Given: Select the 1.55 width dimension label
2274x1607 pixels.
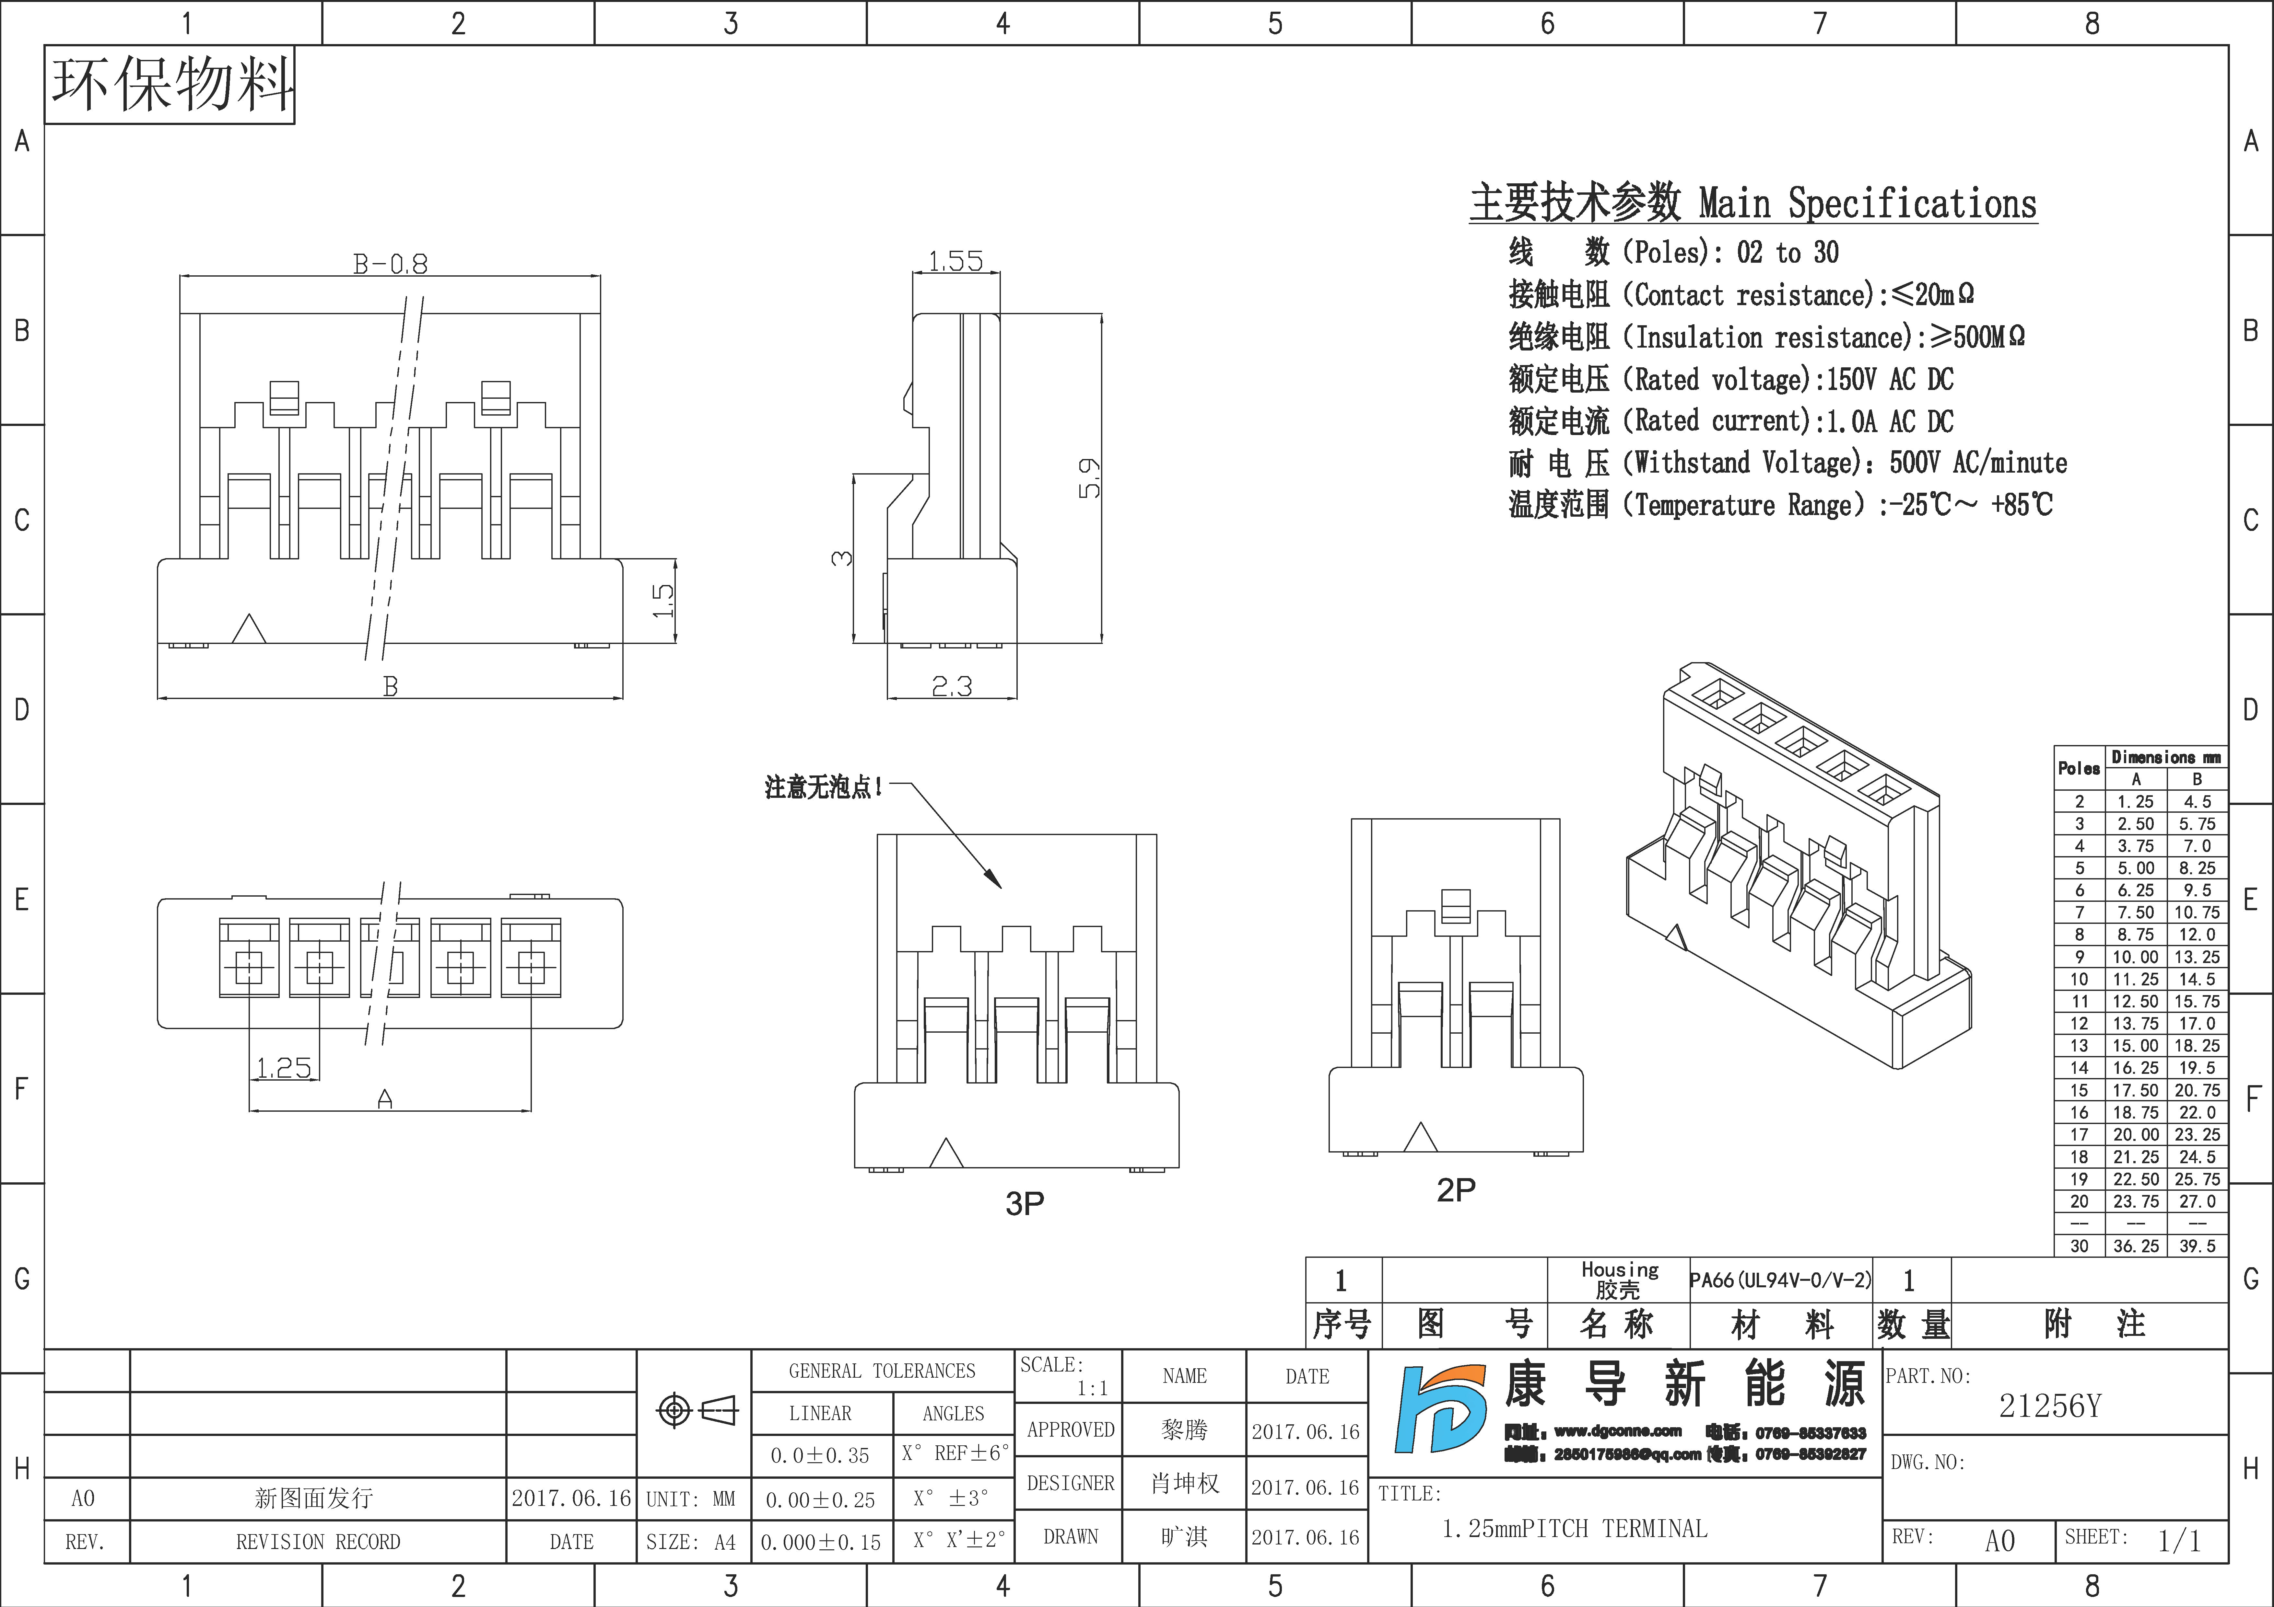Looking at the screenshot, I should pyautogui.click(x=955, y=261).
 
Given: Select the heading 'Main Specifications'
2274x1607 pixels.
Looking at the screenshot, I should pyautogui.click(x=1867, y=204).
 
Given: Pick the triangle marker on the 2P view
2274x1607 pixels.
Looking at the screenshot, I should pyautogui.click(x=1421, y=1138).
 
